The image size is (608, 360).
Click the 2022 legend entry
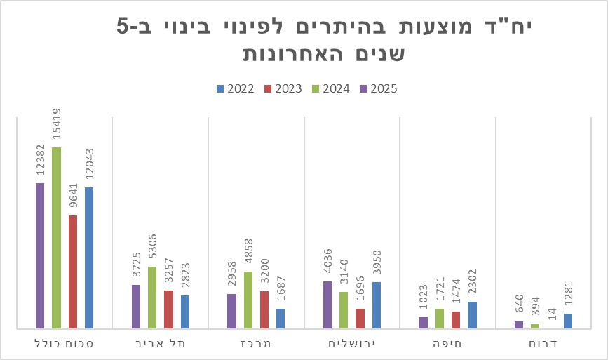coord(234,88)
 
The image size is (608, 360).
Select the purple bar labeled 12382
coord(40,255)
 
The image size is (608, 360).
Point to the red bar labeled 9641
coord(73,272)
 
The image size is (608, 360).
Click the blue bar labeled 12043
coord(89,258)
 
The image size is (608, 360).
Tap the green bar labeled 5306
coord(152,297)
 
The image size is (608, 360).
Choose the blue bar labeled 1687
coord(281,318)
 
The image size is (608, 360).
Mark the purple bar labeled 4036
coord(327,305)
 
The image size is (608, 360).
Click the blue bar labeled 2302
coord(472,314)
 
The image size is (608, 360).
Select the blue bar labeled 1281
coord(568,321)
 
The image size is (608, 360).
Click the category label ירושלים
coord(351,344)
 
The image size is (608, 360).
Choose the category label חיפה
coord(447,344)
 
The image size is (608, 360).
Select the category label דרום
coord(543,344)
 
